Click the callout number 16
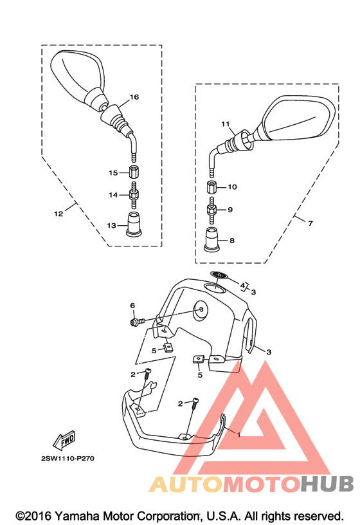(134, 97)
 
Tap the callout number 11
(226, 124)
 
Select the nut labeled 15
(134, 172)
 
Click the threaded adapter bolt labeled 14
(134, 195)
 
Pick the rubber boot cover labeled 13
(134, 224)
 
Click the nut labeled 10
(212, 187)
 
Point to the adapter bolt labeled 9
(211, 210)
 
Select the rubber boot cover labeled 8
(212, 239)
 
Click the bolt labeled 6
(136, 322)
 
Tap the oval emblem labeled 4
(219, 275)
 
